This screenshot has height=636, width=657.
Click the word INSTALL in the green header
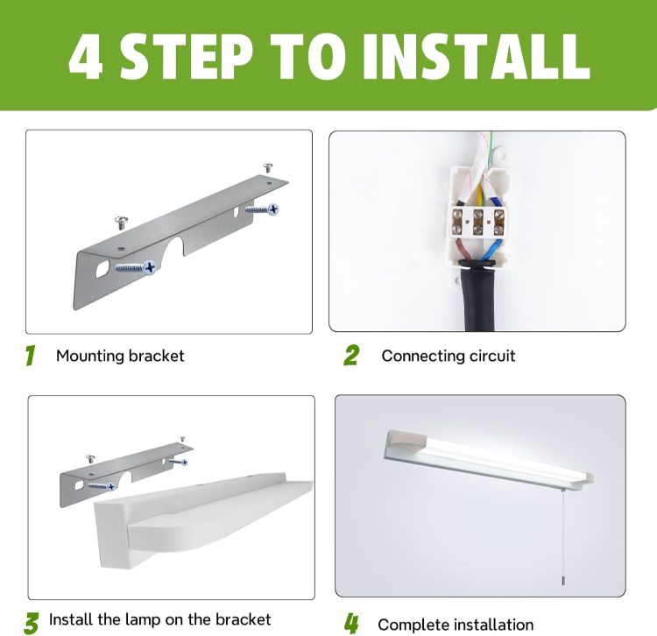coord(477,56)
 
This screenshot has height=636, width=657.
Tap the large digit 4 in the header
coord(86,56)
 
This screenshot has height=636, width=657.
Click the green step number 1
coord(30,356)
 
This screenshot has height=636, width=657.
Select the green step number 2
coord(351,356)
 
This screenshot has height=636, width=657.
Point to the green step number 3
coord(32,623)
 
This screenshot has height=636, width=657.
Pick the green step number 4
coord(351,623)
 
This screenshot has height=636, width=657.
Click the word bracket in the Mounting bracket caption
coord(156,357)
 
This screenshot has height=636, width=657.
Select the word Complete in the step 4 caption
coord(413,625)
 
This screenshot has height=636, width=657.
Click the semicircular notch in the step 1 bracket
coord(173,248)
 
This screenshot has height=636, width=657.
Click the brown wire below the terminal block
coord(464,251)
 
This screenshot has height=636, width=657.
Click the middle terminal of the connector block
coord(477,222)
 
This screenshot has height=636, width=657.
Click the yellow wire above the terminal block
coord(480,194)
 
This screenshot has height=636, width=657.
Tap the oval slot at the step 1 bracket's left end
coord(102,269)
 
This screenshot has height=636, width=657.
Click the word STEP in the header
coord(187,56)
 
